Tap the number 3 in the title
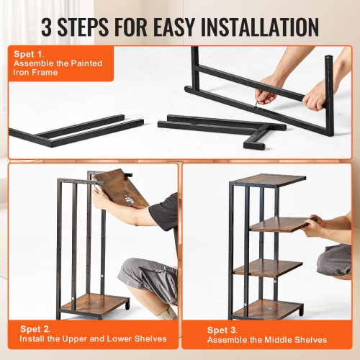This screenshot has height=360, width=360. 48,27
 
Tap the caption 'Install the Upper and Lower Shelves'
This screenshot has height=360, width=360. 93,338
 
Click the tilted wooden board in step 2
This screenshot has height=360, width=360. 120,186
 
